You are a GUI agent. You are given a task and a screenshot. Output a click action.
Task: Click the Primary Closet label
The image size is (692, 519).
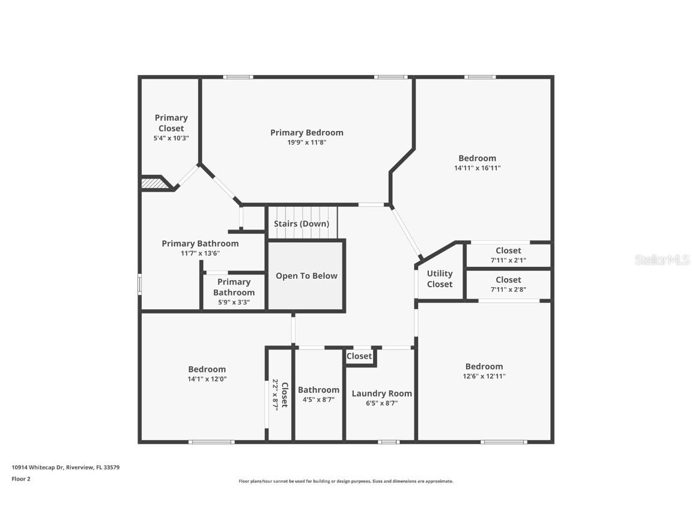click(x=171, y=123)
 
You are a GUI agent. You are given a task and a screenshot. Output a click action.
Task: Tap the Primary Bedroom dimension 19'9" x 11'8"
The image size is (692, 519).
click(x=306, y=142)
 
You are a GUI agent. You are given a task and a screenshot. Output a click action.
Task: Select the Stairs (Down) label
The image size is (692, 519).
click(x=302, y=223)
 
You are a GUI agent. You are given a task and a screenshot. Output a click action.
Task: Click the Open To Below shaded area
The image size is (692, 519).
click(x=306, y=276)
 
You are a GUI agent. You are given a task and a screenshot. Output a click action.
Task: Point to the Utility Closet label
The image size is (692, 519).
click(x=440, y=278)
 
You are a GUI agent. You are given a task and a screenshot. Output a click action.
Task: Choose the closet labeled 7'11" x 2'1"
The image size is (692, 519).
click(x=508, y=255)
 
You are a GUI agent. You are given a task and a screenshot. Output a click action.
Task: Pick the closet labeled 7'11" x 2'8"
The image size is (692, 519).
click(x=508, y=284)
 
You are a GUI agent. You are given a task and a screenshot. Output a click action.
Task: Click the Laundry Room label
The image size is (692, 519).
click(x=381, y=393)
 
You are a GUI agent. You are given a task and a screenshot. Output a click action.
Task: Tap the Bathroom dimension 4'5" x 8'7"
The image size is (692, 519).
click(x=318, y=399)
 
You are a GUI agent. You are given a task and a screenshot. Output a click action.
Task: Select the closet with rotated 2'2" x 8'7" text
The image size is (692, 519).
click(x=280, y=395)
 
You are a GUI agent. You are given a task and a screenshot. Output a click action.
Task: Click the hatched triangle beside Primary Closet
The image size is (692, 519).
click(x=156, y=184)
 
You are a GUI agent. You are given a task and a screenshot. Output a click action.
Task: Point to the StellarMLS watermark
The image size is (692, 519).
click(x=663, y=259)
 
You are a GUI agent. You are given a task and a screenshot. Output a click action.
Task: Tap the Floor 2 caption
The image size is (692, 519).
click(x=21, y=479)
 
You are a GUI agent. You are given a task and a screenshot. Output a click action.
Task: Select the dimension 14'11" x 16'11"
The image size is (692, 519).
click(x=478, y=168)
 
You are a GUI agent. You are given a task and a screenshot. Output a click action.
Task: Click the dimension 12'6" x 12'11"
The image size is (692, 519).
click(x=484, y=376)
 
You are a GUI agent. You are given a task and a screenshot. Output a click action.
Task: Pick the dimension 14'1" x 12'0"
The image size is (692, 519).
click(x=207, y=379)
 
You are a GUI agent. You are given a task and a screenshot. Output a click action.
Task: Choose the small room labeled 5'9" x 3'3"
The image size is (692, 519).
click(x=234, y=292)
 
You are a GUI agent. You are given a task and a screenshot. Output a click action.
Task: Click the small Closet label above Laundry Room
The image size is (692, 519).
click(x=359, y=356)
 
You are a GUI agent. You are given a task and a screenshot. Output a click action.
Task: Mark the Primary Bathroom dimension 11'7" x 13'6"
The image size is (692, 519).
click(x=200, y=253)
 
